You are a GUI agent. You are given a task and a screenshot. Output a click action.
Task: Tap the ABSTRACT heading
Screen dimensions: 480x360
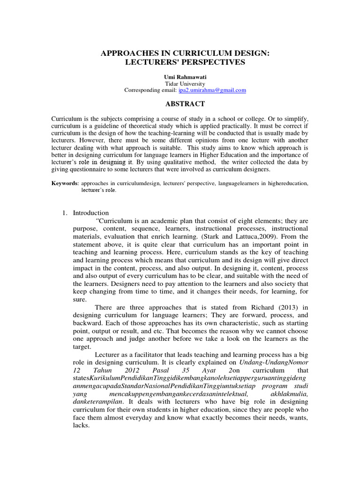[x=180, y=104]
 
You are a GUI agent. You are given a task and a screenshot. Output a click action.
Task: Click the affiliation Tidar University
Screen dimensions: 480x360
[x=180, y=83]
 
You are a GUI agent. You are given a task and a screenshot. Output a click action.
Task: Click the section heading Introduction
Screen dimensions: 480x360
[x=90, y=213]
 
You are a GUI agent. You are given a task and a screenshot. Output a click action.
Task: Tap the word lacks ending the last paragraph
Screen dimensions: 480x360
[x=80, y=426]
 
